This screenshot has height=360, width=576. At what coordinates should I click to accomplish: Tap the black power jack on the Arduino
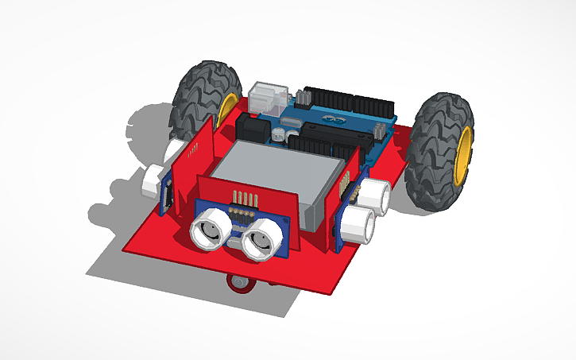252,128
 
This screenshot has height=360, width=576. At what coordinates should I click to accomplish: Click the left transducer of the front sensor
208,230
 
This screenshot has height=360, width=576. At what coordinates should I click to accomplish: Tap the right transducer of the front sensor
263,238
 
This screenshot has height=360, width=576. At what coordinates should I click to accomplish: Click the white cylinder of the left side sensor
150,180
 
